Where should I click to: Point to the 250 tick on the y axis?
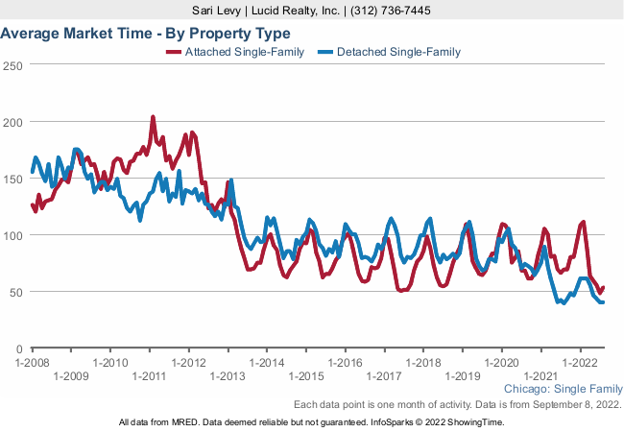[12, 66]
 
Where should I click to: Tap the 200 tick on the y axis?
[12, 123]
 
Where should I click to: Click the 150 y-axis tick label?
[12, 179]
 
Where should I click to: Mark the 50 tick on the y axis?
[15, 292]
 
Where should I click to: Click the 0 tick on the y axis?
[19, 348]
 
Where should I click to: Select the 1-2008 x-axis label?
[32, 363]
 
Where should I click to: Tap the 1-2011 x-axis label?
[149, 376]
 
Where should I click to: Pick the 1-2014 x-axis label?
[266, 363]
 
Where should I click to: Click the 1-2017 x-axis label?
[384, 376]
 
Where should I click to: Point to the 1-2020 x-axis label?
[501, 363]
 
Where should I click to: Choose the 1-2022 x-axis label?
[580, 363]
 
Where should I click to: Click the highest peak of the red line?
[154, 117]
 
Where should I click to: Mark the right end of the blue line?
[603, 302]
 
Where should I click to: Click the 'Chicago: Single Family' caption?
[563, 390]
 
